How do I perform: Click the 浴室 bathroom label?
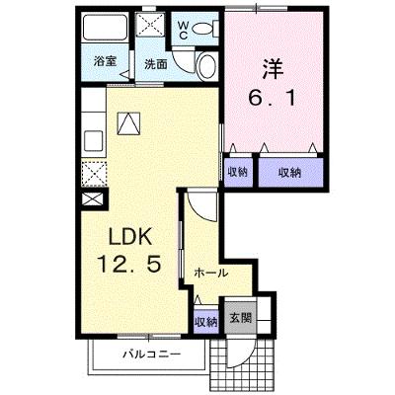click(x=105, y=62)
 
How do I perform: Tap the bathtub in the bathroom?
click(x=105, y=28)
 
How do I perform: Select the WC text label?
click(x=184, y=31)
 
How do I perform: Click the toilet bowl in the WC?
click(x=203, y=29)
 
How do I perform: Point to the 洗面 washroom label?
click(x=156, y=64)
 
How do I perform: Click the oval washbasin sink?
click(x=207, y=66)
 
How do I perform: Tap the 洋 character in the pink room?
click(x=273, y=68)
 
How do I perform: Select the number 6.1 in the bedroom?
click(x=272, y=98)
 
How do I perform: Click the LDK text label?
click(x=130, y=237)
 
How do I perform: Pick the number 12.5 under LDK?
click(x=128, y=265)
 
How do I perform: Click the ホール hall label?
click(x=210, y=273)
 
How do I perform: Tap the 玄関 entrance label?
click(x=241, y=318)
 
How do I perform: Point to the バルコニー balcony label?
click(x=152, y=355)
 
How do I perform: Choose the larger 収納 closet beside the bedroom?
click(x=290, y=172)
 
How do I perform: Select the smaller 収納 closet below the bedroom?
click(x=238, y=172)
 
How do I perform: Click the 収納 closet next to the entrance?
click(x=206, y=322)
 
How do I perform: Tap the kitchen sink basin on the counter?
click(x=94, y=140)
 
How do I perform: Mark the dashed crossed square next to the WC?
click(x=149, y=25)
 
